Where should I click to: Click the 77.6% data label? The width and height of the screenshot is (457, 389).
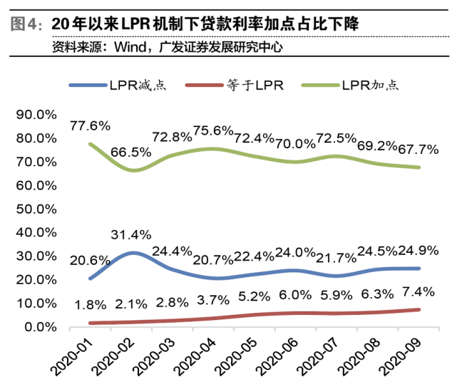[90, 125]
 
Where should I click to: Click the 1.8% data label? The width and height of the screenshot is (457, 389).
[90, 306]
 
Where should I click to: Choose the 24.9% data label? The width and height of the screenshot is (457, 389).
[419, 251]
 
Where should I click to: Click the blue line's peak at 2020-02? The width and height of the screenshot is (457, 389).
[133, 253]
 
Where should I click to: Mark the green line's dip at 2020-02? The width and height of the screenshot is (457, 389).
[133, 170]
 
